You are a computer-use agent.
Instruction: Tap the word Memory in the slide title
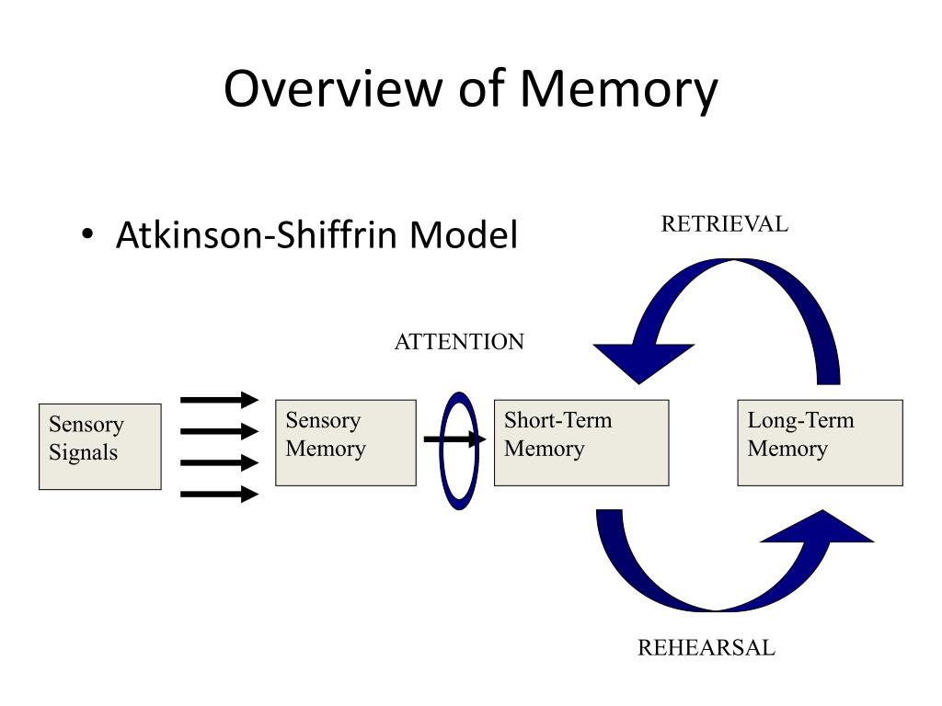pyautogui.click(x=619, y=90)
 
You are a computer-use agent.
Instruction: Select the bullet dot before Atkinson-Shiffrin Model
pyautogui.click(x=87, y=234)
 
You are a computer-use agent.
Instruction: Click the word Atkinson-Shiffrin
pyautogui.click(x=256, y=234)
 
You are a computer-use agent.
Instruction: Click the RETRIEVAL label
pyautogui.click(x=725, y=224)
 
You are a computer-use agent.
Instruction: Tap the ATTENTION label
pyautogui.click(x=460, y=342)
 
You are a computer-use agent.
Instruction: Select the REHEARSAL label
pyautogui.click(x=706, y=648)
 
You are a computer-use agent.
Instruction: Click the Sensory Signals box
pyautogui.click(x=100, y=447)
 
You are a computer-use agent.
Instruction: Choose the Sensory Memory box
pyautogui.click(x=346, y=443)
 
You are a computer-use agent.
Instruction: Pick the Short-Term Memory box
pyautogui.click(x=581, y=443)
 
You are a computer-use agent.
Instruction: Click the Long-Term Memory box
pyautogui.click(x=820, y=443)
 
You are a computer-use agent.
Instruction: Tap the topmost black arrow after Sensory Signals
pyautogui.click(x=219, y=399)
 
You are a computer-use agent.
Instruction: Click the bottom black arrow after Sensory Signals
pyautogui.click(x=219, y=494)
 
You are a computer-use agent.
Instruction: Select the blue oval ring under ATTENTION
pyautogui.click(x=459, y=450)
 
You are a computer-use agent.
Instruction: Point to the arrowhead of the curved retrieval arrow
pyautogui.click(x=642, y=362)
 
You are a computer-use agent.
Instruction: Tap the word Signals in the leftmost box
pyautogui.click(x=84, y=453)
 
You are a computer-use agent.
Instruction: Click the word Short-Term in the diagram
pyautogui.click(x=558, y=420)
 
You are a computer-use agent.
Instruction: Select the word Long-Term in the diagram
pyautogui.click(x=801, y=421)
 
